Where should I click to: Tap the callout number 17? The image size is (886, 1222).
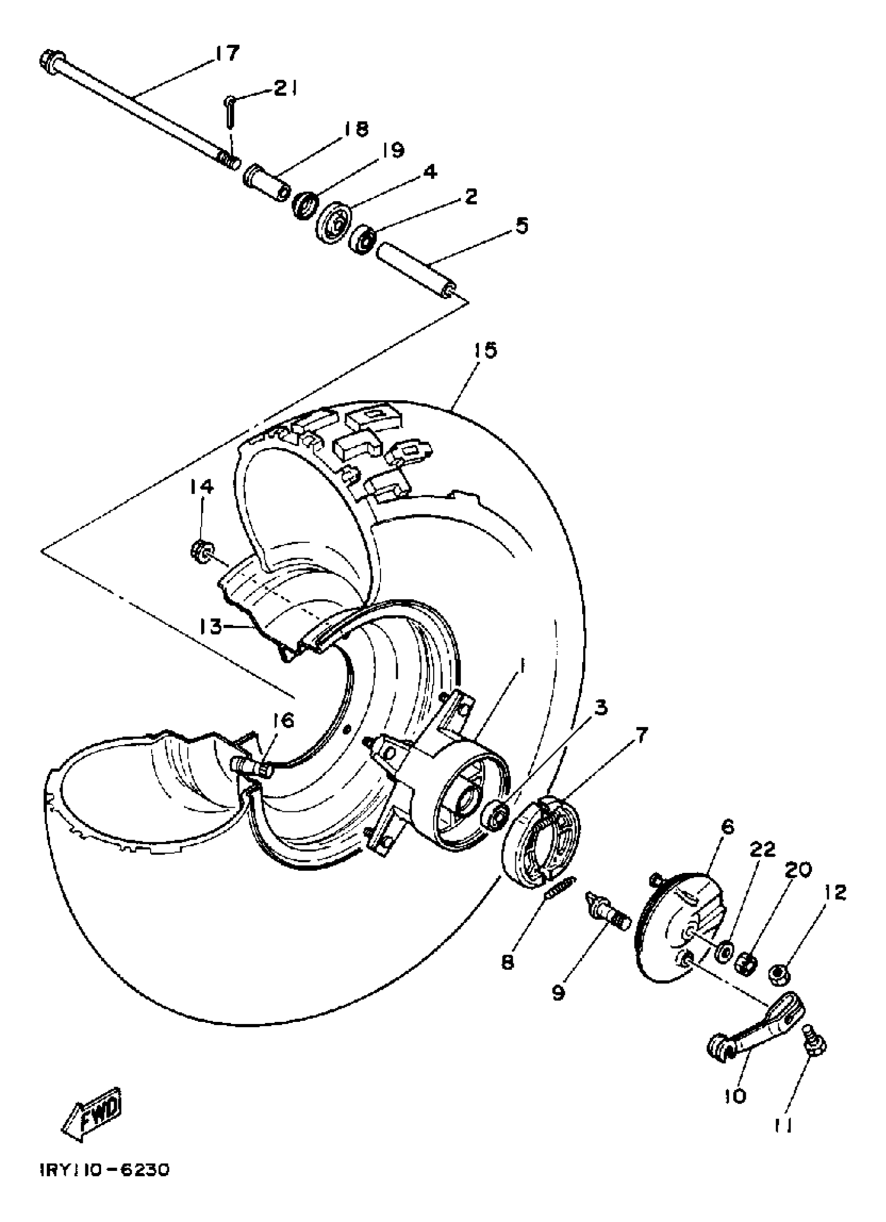[227, 53]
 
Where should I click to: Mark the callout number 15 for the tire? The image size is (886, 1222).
[485, 351]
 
